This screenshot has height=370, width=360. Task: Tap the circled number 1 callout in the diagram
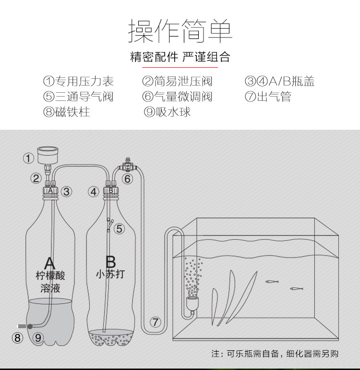29,158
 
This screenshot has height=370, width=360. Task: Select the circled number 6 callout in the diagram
127,179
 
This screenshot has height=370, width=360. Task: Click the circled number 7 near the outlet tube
155,322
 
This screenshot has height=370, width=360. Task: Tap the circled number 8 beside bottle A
18,337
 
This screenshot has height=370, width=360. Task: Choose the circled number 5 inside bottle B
119,229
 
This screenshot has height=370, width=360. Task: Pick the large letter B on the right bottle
110,262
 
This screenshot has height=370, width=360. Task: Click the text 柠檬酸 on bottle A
50,276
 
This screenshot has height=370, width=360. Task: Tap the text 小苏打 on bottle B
110,274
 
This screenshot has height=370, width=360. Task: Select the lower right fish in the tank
296,289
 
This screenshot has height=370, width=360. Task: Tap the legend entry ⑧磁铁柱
66,112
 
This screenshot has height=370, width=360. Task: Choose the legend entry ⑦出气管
268,97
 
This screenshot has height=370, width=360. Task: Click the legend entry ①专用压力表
78,81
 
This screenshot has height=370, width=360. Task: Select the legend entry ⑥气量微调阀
177,97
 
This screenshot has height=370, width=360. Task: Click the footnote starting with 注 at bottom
275,354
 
